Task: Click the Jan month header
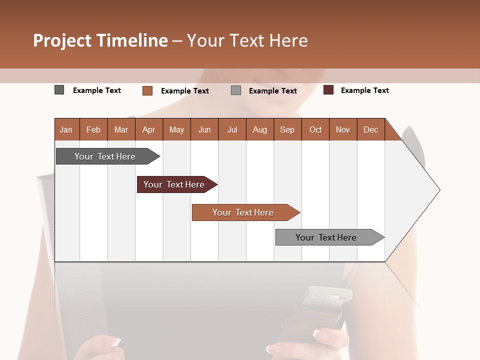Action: [66, 129]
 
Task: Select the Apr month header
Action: [149, 129]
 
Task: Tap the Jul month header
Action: [232, 129]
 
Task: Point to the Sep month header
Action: [287, 129]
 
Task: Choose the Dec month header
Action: [370, 129]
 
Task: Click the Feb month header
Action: [93, 129]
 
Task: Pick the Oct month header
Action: [315, 129]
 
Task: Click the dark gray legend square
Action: [59, 90]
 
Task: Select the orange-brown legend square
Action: [147, 90]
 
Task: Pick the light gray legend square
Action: [236, 90]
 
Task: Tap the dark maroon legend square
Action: [328, 90]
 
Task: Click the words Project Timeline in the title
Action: [100, 40]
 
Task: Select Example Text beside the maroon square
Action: [364, 90]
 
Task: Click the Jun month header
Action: [204, 129]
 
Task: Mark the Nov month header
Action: [343, 129]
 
